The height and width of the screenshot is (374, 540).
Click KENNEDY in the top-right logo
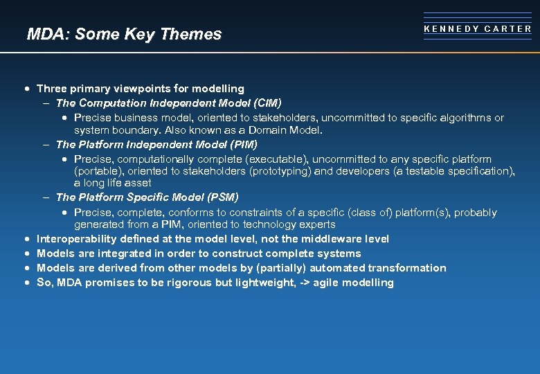pyautogui.click(x=450, y=29)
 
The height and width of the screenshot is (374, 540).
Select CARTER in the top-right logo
pyautogui.click(x=508, y=29)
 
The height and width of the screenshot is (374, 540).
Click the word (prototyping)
pyautogui.click(x=280, y=171)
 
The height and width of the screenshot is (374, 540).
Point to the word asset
pyautogui.click(x=137, y=183)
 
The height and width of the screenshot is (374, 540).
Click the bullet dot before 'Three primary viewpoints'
pyautogui.click(x=26, y=89)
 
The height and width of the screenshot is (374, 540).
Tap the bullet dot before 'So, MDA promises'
pyautogui.click(x=26, y=283)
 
